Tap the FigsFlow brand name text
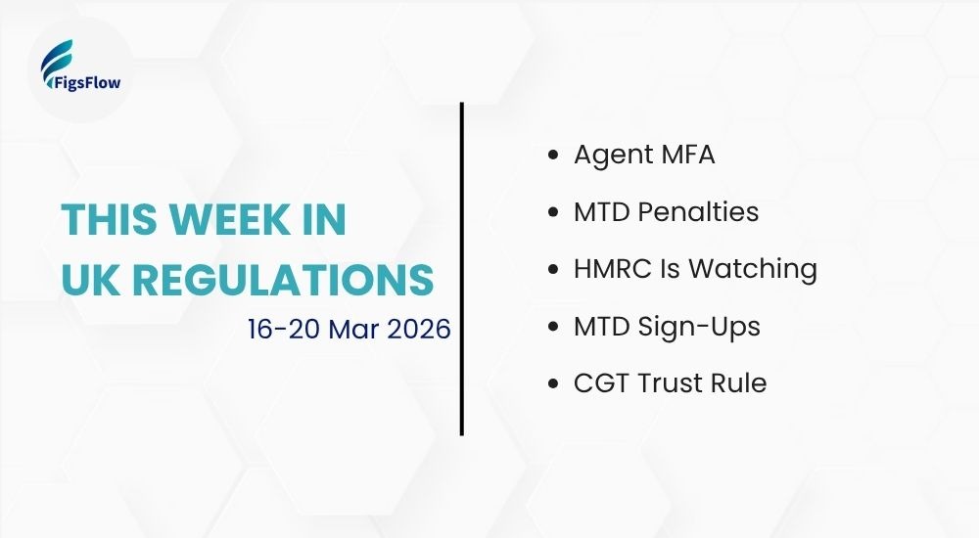[x=83, y=83]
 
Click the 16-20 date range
[x=284, y=328]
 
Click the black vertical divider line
[x=461, y=268]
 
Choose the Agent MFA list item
[x=644, y=155]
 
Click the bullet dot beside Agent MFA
[x=555, y=156]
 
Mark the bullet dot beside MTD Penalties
[x=555, y=212]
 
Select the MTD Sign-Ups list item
[x=667, y=326]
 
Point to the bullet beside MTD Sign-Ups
[x=555, y=326]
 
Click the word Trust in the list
[x=672, y=382]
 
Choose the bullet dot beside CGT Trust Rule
[x=555, y=382]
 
